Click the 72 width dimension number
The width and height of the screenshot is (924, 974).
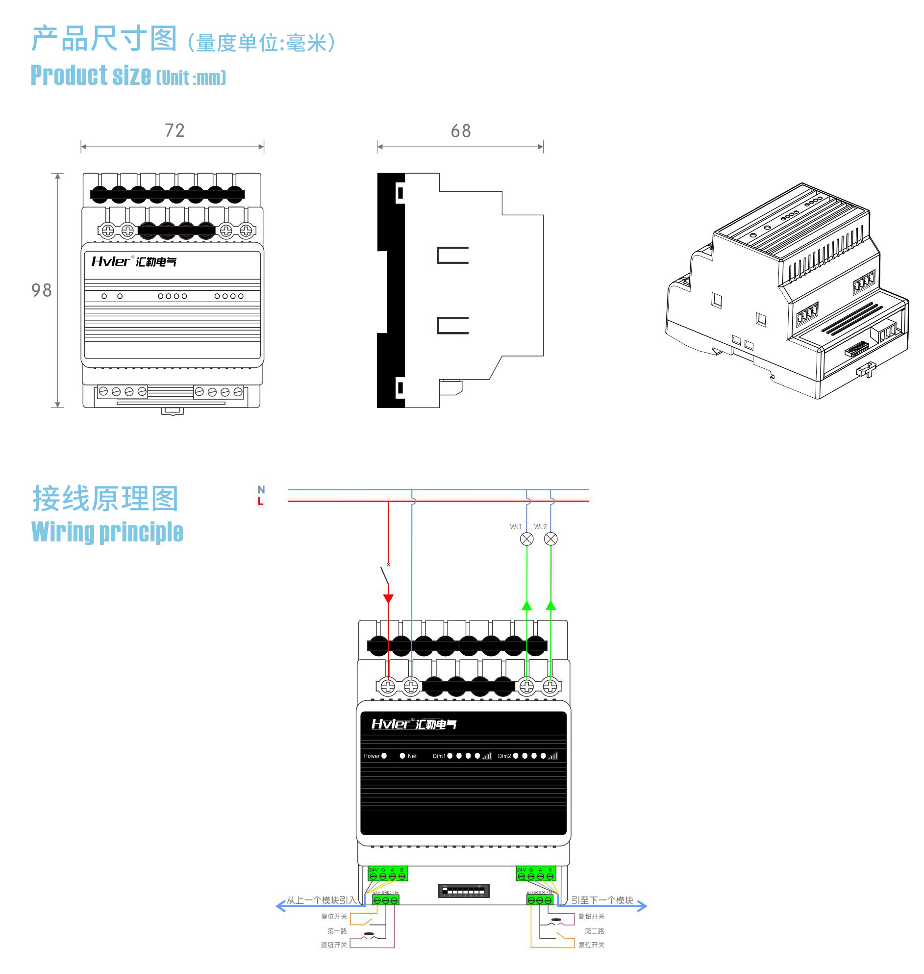(175, 130)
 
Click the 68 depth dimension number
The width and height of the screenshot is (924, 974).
(460, 131)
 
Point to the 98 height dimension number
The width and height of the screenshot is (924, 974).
(41, 290)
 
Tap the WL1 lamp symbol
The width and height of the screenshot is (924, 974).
(526, 539)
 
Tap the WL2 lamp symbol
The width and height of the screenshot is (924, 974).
(550, 539)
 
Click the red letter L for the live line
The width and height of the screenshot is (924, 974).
(261, 502)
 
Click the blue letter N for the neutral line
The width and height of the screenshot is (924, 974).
(261, 489)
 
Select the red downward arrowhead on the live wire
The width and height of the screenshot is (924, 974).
(388, 599)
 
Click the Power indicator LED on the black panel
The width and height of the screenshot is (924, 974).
(384, 756)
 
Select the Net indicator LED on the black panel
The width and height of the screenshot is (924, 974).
(402, 756)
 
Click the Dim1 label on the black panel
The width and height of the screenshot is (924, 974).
(439, 756)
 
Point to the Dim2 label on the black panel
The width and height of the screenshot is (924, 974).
(504, 756)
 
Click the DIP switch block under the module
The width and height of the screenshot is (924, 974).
(464, 891)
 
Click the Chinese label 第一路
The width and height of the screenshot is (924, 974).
(337, 931)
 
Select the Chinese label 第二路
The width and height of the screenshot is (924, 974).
(594, 931)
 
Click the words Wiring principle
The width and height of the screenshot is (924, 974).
(107, 532)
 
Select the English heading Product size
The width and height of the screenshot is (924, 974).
(91, 76)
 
